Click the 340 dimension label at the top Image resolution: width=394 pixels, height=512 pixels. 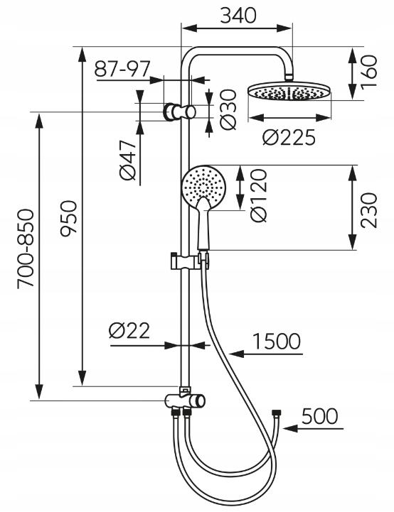[238, 16]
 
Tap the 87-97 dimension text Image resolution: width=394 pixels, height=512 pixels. [122, 69]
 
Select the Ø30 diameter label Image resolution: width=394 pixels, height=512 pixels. [228, 109]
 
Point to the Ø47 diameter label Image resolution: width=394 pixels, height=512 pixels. [127, 160]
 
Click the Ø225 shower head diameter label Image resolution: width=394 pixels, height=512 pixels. [289, 138]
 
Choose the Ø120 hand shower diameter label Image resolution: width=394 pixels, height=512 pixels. [260, 195]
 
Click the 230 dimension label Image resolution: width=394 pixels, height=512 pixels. [369, 210]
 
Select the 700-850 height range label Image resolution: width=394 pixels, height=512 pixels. [25, 249]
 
